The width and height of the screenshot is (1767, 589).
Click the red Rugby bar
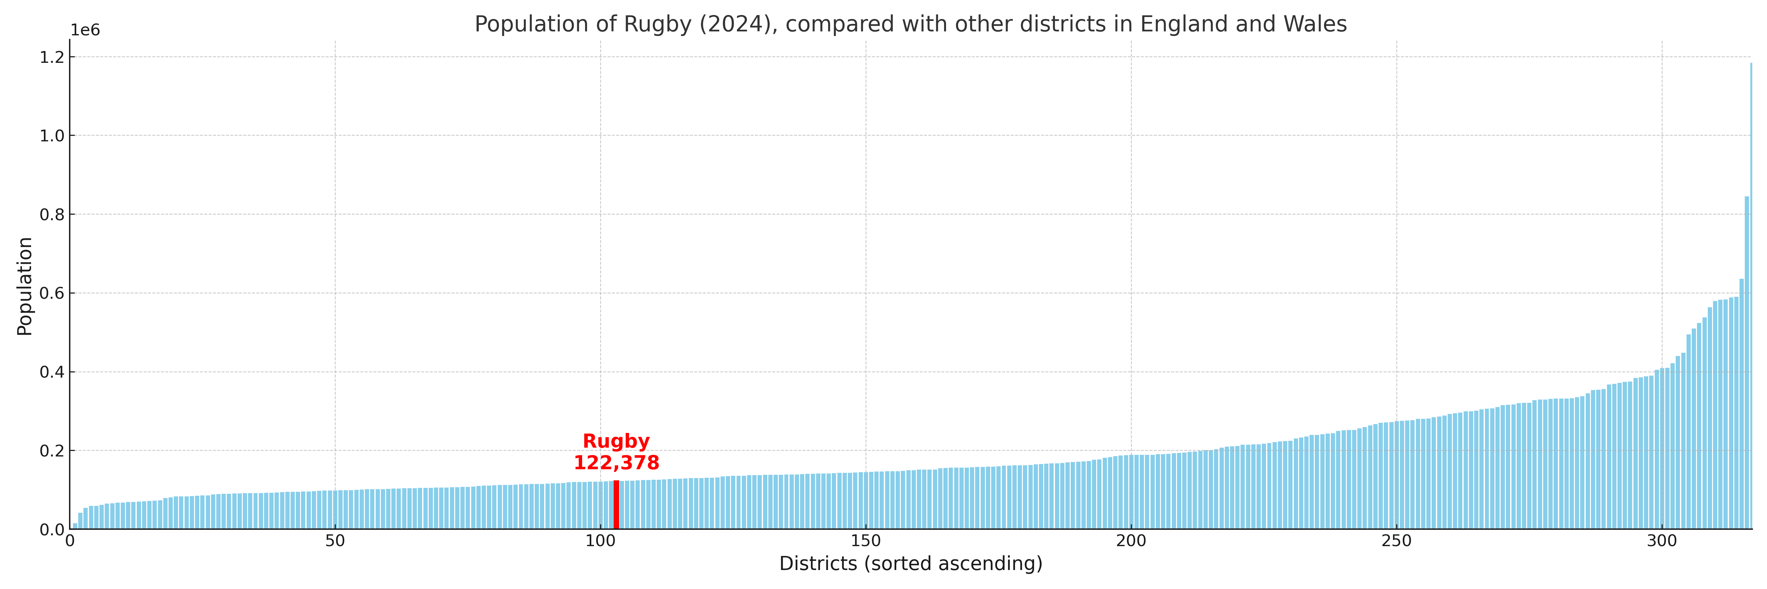point(616,505)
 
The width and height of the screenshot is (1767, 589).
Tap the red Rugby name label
point(616,441)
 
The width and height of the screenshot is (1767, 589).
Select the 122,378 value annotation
point(616,463)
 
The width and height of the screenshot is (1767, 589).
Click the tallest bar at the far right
point(1751,295)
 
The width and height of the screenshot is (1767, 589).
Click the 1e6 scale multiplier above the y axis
point(85,30)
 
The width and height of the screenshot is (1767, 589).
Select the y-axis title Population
point(25,286)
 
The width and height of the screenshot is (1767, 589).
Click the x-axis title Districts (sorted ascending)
point(910,563)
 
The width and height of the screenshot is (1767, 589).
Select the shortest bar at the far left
point(75,526)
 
